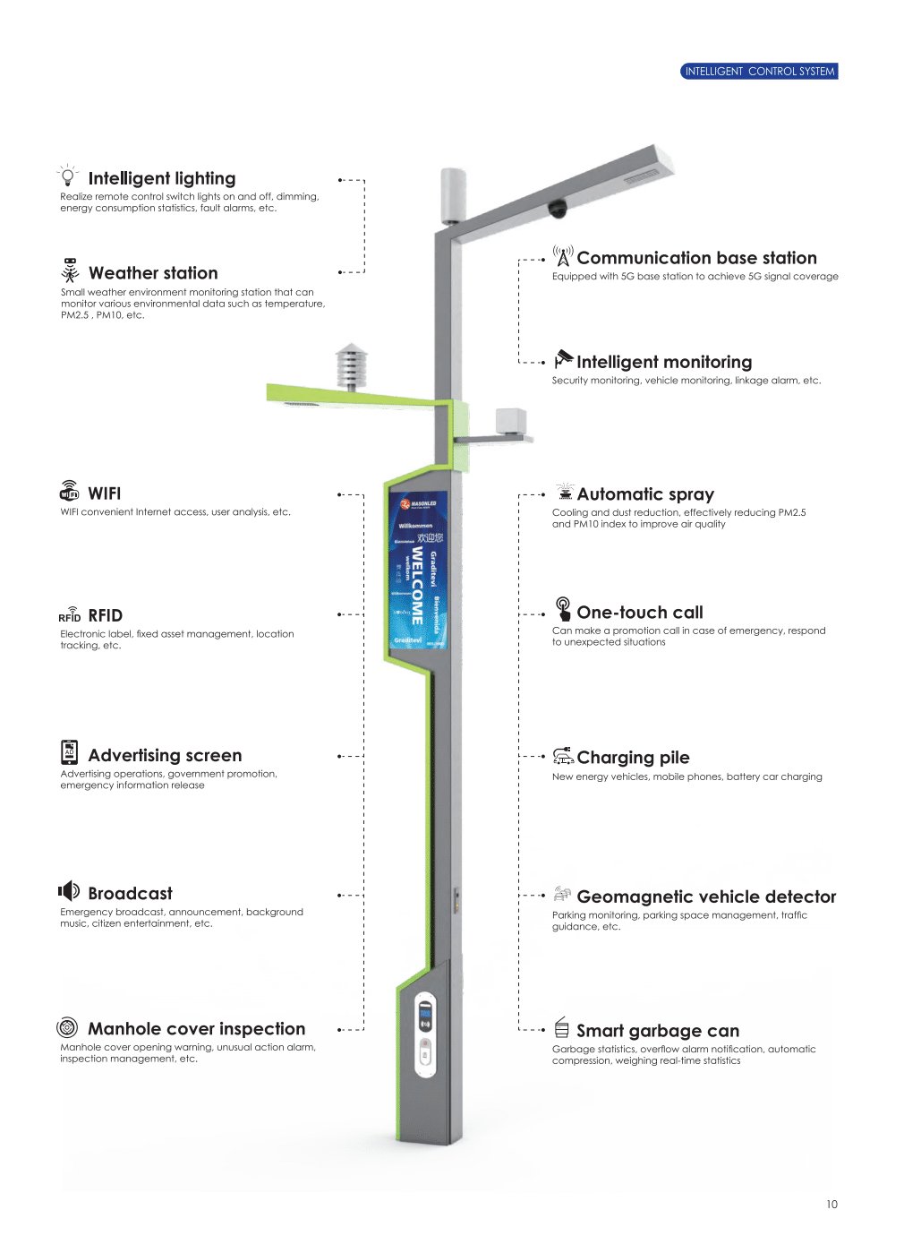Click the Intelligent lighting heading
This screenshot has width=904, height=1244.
coord(162,178)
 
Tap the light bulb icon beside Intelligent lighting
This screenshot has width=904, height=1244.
coord(68,176)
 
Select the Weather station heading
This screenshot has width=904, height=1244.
coord(153,273)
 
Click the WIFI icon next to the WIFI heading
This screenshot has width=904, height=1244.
coord(69,491)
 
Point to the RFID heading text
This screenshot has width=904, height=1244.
coord(106,615)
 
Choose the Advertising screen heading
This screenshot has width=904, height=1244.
coord(165,755)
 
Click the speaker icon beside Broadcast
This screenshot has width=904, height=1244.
coord(69,891)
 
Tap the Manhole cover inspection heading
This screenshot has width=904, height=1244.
coord(196,1029)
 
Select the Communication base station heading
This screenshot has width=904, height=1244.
coord(696,258)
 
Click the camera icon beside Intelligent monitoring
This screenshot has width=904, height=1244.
coord(563,359)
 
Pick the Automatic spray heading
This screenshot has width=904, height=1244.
coord(645,494)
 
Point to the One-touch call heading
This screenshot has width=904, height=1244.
coord(640,613)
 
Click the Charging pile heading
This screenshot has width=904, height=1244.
coord(633,758)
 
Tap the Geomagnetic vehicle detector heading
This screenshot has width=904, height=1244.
coord(706,897)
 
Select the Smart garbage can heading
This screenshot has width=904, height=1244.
coord(658,1031)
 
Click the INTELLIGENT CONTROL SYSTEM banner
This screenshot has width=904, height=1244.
coord(759,72)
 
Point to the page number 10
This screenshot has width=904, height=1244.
coord(832,1205)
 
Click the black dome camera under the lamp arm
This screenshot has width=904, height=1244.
coord(558,209)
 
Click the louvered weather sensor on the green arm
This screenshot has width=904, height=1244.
coord(351,366)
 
